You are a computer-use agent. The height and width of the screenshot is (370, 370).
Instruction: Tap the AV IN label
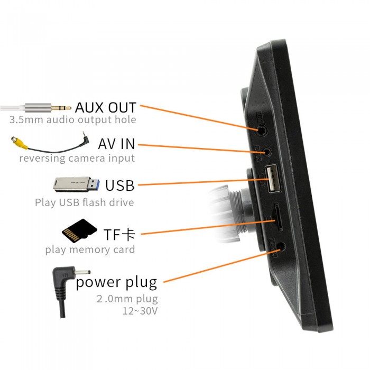(x=116, y=143)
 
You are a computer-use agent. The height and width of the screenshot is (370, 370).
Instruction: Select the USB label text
(x=119, y=186)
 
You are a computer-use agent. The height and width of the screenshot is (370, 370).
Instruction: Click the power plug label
(x=116, y=282)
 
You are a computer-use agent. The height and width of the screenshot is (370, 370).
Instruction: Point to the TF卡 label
(x=120, y=234)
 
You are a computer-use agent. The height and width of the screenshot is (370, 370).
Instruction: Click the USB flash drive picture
(x=77, y=184)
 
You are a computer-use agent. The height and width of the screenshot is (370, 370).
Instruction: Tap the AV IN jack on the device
(x=268, y=152)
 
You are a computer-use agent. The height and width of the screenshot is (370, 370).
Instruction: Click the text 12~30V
(x=140, y=311)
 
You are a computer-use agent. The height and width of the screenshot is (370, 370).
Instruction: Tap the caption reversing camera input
(x=77, y=158)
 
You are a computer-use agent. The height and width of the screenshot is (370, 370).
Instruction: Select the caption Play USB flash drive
(x=84, y=202)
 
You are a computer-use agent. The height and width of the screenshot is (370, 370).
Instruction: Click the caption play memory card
(x=90, y=249)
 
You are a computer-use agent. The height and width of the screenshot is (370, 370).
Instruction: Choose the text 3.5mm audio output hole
(x=72, y=120)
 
